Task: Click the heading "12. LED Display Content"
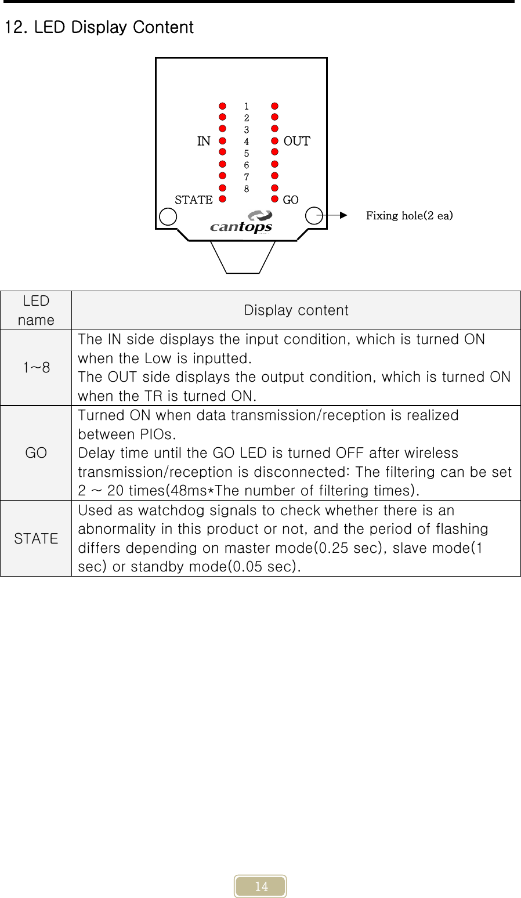pos(99,27)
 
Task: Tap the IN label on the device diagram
pos(204,141)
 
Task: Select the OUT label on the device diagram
pos(296,141)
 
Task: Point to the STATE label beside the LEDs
pos(194,200)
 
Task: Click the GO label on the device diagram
pos(291,200)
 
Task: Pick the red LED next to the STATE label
pos(222,198)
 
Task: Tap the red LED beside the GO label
pos(275,199)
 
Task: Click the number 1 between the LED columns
pos(247,106)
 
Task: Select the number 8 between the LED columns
pos(247,189)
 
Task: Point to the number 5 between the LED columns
pos(247,154)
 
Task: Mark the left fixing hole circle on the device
pos(168,216)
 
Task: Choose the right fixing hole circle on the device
pos(314,215)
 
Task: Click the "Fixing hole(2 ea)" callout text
pos(409,216)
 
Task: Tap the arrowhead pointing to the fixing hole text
pos(343,215)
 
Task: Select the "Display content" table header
pos(296,310)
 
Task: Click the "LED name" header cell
pos(36,310)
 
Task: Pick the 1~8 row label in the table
pos(36,367)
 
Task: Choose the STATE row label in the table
pos(36,538)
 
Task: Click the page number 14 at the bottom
pos(261,886)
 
